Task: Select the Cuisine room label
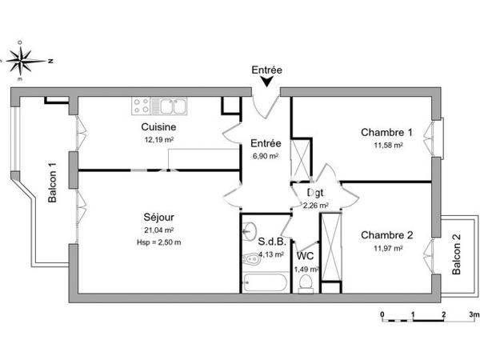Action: [158, 127]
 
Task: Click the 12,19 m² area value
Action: [158, 139]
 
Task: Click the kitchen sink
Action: [172, 104]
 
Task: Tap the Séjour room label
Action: [159, 217]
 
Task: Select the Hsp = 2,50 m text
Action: [159, 242]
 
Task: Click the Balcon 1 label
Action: [53, 182]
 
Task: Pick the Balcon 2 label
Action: [456, 255]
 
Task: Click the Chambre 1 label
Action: [386, 133]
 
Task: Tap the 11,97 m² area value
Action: [386, 248]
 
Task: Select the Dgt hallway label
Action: [316, 192]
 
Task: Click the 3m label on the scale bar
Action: [474, 314]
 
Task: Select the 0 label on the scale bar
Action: [382, 314]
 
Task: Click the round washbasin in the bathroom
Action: [249, 228]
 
